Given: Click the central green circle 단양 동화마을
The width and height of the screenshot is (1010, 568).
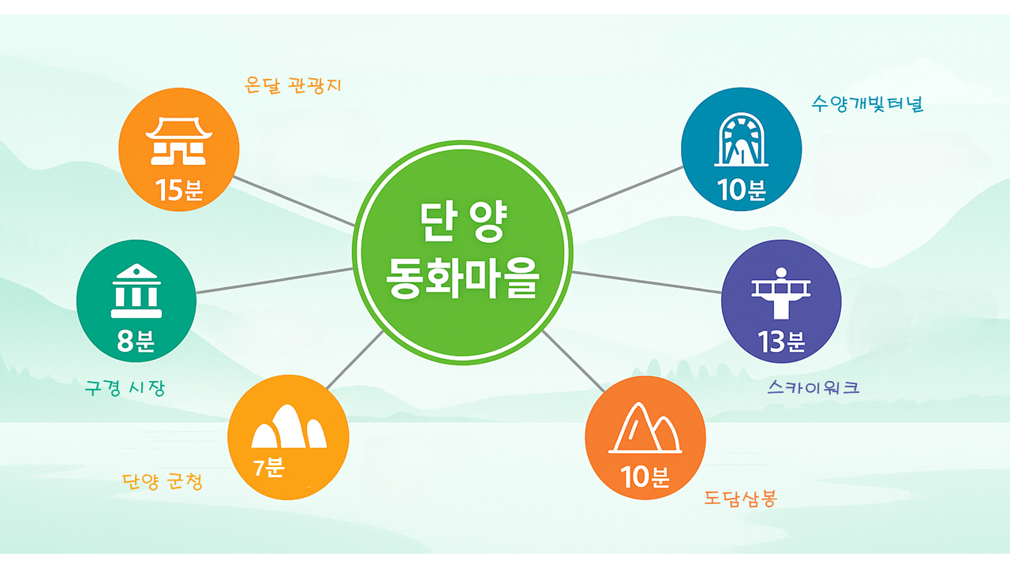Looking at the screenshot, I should [x=462, y=252].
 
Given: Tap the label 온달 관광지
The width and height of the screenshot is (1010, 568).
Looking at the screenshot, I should [x=294, y=85].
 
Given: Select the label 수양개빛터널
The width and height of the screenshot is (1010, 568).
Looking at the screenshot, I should [x=867, y=104].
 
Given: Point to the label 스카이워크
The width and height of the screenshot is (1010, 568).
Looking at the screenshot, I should [x=814, y=387].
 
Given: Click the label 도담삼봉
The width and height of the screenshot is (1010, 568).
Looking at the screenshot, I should [x=740, y=498].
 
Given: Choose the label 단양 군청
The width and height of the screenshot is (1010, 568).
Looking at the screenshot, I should [x=163, y=481].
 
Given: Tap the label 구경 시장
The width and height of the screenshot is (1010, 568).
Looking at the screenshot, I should [x=125, y=388].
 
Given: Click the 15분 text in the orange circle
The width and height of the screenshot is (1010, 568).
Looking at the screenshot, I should [x=179, y=191].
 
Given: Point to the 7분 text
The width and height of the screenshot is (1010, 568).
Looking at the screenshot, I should [x=268, y=467].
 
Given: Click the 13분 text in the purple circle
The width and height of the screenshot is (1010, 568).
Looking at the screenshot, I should [x=781, y=342].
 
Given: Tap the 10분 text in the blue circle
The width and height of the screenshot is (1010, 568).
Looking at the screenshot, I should [x=742, y=190].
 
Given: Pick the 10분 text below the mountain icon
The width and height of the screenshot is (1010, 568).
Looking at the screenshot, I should [x=645, y=477].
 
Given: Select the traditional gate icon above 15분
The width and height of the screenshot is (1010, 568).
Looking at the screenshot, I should [x=178, y=141].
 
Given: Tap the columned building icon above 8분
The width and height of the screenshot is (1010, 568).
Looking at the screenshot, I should [x=137, y=290].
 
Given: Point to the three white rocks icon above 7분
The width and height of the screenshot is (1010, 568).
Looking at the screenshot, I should [x=288, y=428].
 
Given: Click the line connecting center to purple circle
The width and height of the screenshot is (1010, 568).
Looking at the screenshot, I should [x=647, y=282].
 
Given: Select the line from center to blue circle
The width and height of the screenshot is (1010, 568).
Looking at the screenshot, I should [x=625, y=190].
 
